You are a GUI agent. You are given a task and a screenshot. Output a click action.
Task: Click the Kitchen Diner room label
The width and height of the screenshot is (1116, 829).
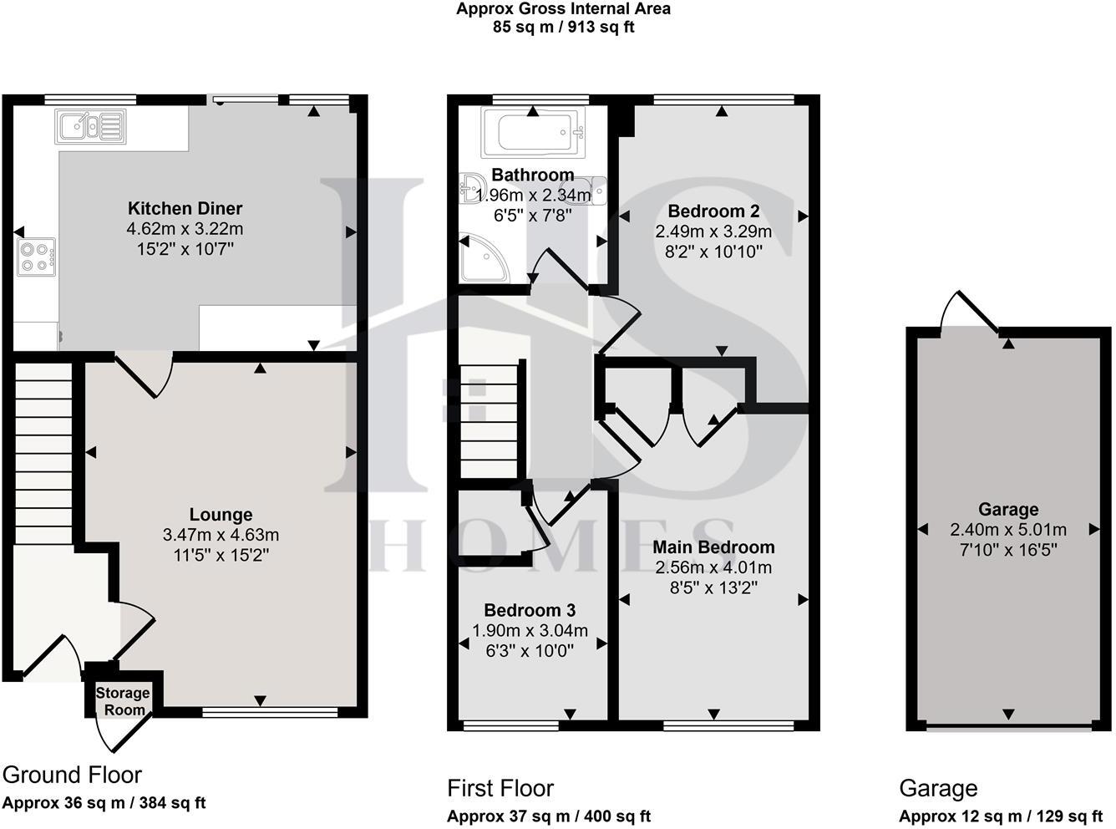pyautogui.click(x=185, y=209)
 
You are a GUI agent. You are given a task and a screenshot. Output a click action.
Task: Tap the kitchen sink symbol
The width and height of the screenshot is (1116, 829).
pyautogui.click(x=90, y=127)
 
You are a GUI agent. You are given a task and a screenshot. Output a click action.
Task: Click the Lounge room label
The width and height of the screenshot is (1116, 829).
pyautogui.click(x=221, y=515)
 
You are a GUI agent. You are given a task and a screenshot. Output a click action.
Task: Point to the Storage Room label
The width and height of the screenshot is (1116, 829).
pyautogui.click(x=123, y=701)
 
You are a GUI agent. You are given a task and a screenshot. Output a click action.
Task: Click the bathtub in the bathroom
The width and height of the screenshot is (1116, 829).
pyautogui.click(x=533, y=132)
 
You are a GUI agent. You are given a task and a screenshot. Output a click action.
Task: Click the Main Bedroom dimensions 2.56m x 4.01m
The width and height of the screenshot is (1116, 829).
pyautogui.click(x=713, y=567)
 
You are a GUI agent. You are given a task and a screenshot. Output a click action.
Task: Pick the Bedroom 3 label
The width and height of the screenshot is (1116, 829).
pyautogui.click(x=530, y=610)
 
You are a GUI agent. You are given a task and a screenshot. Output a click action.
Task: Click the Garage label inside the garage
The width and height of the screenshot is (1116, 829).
pyautogui.click(x=1008, y=509)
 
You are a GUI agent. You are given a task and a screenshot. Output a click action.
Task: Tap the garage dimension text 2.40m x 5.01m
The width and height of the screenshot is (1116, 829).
pyautogui.click(x=1008, y=530)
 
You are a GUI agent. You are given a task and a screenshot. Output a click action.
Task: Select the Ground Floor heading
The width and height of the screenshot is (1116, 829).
pyautogui.click(x=73, y=775)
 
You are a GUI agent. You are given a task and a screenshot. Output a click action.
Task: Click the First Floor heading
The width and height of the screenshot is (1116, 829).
pyautogui.click(x=500, y=788)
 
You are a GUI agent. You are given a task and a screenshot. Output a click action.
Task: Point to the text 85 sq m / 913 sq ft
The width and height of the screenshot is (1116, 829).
pyautogui.click(x=563, y=27)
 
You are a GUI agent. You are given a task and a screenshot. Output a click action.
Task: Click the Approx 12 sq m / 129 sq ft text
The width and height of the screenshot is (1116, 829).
pyautogui.click(x=1001, y=816)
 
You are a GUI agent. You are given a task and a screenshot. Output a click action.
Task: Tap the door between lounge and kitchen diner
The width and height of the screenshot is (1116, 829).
pyautogui.click(x=144, y=374)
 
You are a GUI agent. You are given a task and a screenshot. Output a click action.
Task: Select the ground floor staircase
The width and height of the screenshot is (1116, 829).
pyautogui.click(x=42, y=451)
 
